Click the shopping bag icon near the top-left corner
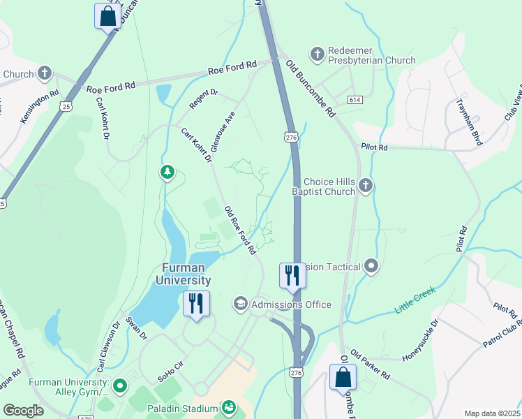[x=107, y=15]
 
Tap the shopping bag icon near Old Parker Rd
[x=343, y=377]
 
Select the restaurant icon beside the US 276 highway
[x=292, y=275]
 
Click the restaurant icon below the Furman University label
[x=195, y=304]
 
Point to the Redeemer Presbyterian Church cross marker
[x=317, y=54]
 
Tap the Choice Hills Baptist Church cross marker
[x=366, y=185]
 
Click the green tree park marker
[x=167, y=171]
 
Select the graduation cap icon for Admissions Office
[x=240, y=304]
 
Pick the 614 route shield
[x=355, y=101]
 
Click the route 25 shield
[x=66, y=106]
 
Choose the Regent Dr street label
[x=204, y=101]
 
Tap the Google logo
[x=23, y=411]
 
